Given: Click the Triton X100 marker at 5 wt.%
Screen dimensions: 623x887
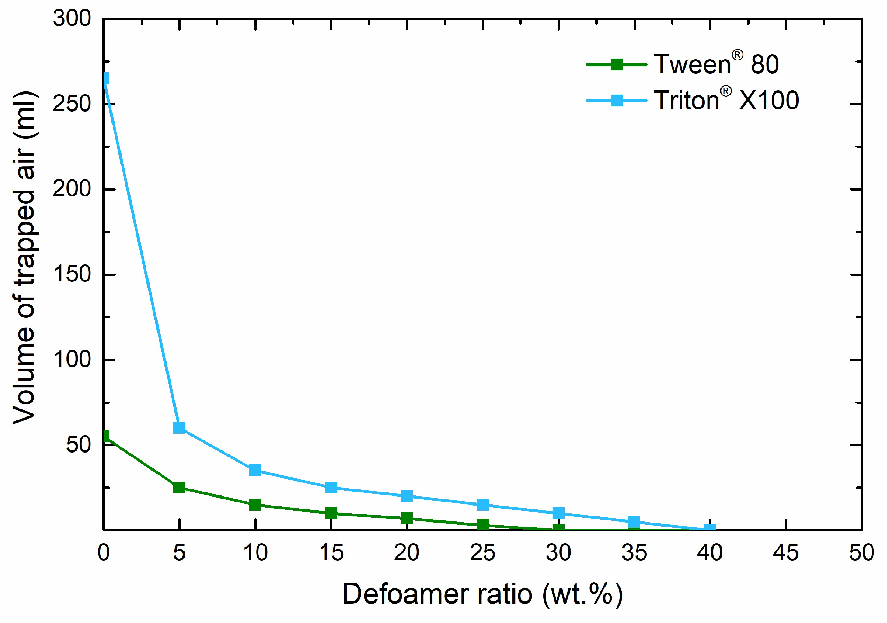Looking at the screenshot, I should tap(179, 428).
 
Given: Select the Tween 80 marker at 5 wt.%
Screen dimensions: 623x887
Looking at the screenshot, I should tap(179, 487).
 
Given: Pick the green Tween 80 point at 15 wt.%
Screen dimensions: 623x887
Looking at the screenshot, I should tap(331, 513).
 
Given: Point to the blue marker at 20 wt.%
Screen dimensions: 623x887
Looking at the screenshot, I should tap(407, 496).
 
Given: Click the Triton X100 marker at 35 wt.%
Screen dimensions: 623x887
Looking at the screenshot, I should tap(634, 522).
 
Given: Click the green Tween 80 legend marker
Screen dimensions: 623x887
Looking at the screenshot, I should tap(617, 64).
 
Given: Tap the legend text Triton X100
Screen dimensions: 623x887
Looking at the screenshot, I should tap(726, 100).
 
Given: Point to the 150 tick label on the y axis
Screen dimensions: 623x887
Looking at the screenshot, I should tap(72, 274).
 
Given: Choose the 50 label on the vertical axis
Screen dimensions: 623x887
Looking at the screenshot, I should tap(79, 445).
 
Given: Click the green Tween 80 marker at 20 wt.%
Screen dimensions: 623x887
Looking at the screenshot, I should tap(407, 518).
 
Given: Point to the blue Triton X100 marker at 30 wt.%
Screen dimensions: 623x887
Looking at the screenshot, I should tap(559, 513).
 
